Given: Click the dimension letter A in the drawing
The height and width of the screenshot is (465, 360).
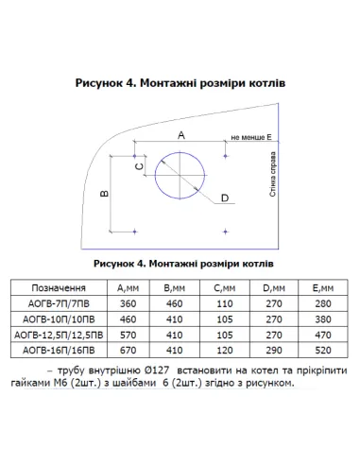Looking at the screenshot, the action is pos(180,135).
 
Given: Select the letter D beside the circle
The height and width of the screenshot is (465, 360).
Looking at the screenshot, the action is pos(224,198).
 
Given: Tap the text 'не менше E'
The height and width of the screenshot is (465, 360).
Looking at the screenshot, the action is pos(249,137).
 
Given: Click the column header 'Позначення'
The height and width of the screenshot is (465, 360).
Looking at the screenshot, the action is pos(59,287).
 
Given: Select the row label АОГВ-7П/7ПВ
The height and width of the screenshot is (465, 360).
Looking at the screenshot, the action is pos(59,304).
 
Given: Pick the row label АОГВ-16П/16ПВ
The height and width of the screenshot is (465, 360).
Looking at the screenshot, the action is pos(59,350).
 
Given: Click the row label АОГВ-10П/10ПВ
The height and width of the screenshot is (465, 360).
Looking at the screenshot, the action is pos(59,319).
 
